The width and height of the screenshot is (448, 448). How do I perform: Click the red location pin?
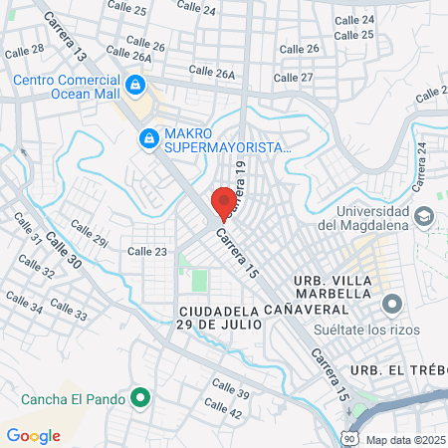click(x=224, y=200)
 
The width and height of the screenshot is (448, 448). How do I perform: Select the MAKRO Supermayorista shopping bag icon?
click(x=148, y=137)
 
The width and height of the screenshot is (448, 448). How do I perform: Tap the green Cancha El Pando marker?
click(x=140, y=399)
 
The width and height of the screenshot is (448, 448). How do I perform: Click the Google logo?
click(x=33, y=435)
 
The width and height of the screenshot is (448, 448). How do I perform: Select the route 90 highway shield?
click(x=346, y=437)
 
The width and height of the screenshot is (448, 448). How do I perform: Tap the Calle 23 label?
click(x=147, y=252)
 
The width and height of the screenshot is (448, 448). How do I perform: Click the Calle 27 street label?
click(x=293, y=78)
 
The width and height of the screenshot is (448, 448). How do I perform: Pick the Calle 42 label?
click(x=228, y=410)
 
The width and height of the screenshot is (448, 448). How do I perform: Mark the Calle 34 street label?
click(x=24, y=303)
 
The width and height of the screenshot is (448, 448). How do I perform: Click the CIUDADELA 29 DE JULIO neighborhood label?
click(x=219, y=317)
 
